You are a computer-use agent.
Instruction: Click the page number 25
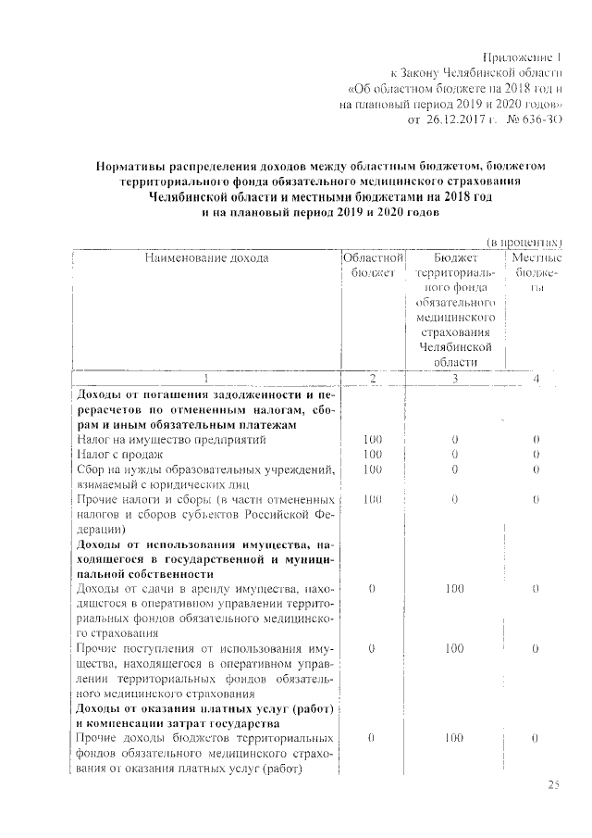coord(553,785)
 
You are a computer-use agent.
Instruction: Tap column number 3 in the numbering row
coord(454,379)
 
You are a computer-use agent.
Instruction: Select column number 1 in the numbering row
coord(205,379)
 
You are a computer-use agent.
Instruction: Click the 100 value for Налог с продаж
coord(373,454)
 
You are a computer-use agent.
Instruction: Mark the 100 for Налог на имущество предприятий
coord(373,439)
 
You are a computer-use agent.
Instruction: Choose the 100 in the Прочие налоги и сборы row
coord(373,500)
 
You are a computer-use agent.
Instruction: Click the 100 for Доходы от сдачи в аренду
coord(454,588)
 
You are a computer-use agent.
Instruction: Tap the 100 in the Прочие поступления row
coord(454,649)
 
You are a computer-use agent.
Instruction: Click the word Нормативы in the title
coord(134,166)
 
